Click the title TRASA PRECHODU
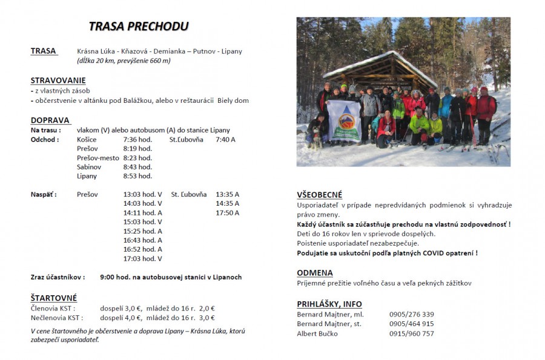(139, 26)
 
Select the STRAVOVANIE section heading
(58, 80)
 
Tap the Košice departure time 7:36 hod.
(137, 140)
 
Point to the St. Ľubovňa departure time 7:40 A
(225, 140)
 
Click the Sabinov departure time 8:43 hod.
(137, 167)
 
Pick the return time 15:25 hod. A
(142, 231)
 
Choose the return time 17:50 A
(227, 213)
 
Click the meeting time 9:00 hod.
(115, 277)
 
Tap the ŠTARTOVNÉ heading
(54, 298)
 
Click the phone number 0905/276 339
(411, 315)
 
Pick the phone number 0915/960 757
(411, 333)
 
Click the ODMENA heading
(315, 273)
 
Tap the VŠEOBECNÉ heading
(320, 195)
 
